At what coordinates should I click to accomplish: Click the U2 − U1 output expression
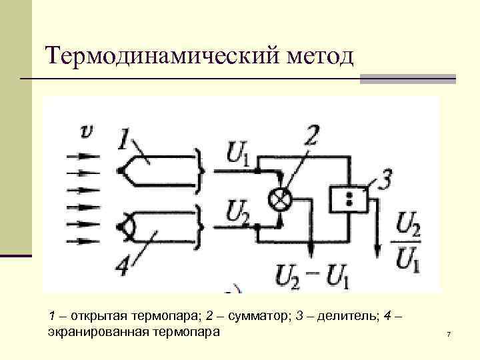coord(313,275)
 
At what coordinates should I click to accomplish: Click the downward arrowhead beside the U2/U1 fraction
coord(377,249)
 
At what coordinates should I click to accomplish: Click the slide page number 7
coord(449,333)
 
